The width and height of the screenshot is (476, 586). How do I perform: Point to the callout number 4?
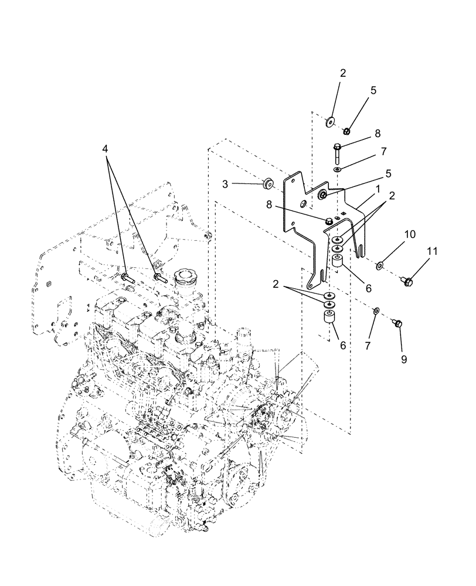pos(106,149)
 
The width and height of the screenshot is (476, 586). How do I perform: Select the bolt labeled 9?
pos(397,323)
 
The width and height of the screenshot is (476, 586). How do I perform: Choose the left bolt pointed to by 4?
pos(128,278)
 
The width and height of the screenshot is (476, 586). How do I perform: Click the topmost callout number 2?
pos(343,73)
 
